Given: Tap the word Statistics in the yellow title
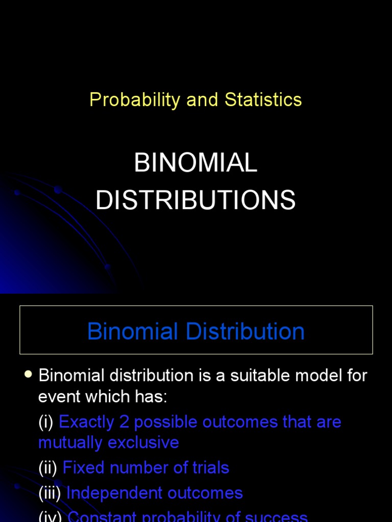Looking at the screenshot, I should pos(263,100).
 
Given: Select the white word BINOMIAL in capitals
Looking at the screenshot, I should pos(195,163).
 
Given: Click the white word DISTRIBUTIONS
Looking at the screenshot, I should pos(195,200).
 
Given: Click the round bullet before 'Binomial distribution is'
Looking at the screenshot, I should pos(29,375).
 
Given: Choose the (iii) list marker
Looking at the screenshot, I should pos(50,493).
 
